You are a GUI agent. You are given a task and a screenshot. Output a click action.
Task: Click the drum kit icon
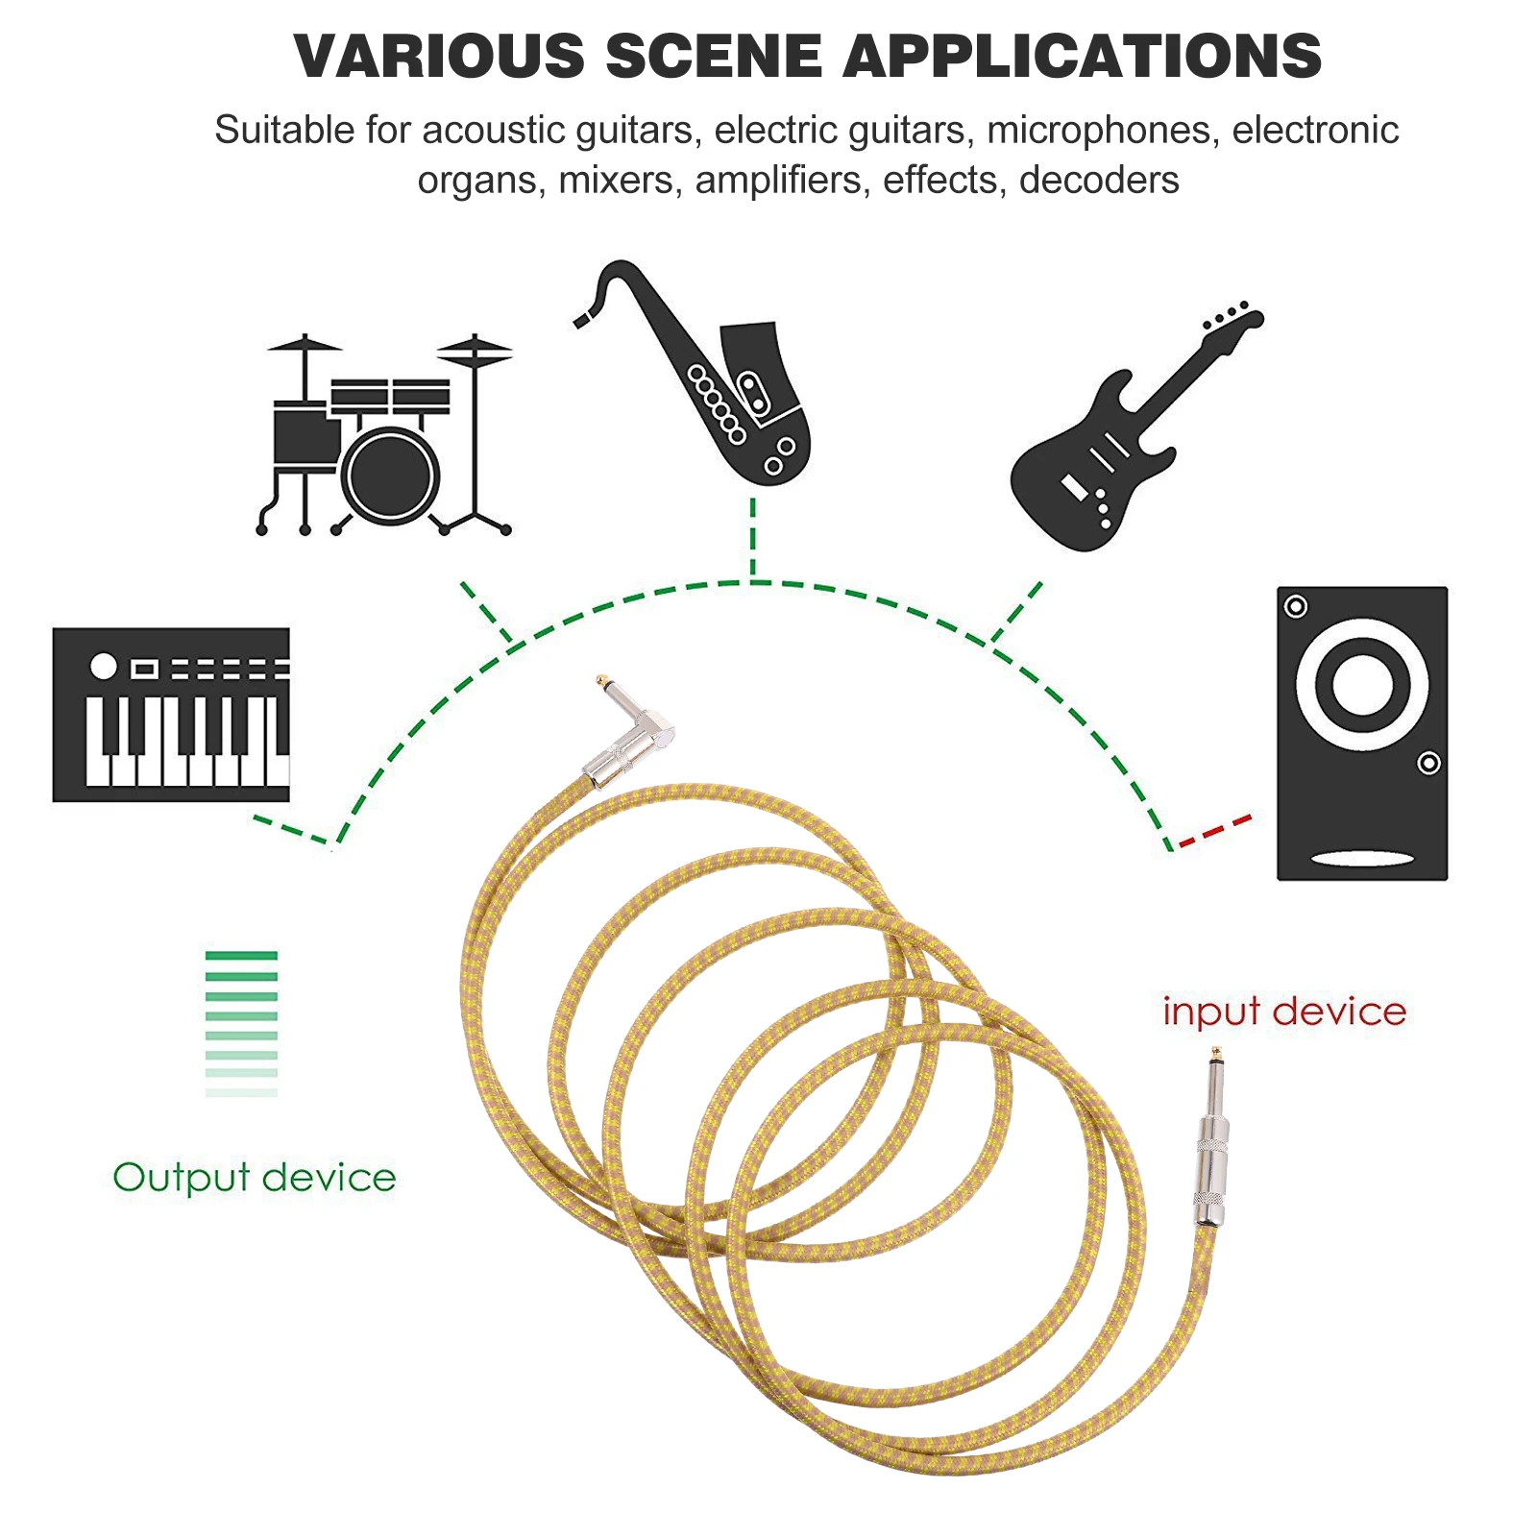tap(384, 437)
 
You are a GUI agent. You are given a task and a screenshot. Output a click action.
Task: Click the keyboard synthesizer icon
tap(171, 715)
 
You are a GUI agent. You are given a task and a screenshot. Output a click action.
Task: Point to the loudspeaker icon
tap(1361, 733)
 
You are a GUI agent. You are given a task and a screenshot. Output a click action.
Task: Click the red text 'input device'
tap(1284, 1012)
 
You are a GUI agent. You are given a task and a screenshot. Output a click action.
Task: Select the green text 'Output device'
tap(255, 1178)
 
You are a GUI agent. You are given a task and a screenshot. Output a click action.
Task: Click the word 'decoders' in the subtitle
tap(1099, 181)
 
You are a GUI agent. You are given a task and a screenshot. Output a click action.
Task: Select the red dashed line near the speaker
tap(1215, 831)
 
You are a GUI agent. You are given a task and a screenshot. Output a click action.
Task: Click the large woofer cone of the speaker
tap(1361, 684)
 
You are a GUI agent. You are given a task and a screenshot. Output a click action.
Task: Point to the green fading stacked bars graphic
tap(241, 1023)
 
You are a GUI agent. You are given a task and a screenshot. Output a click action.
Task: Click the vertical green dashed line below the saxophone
tap(753, 538)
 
